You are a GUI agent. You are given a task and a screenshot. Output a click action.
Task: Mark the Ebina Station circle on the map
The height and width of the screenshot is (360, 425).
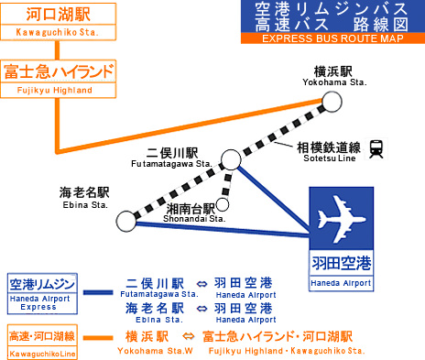click(x=125, y=220)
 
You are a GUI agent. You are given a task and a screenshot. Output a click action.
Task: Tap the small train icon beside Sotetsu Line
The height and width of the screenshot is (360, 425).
click(x=376, y=147)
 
